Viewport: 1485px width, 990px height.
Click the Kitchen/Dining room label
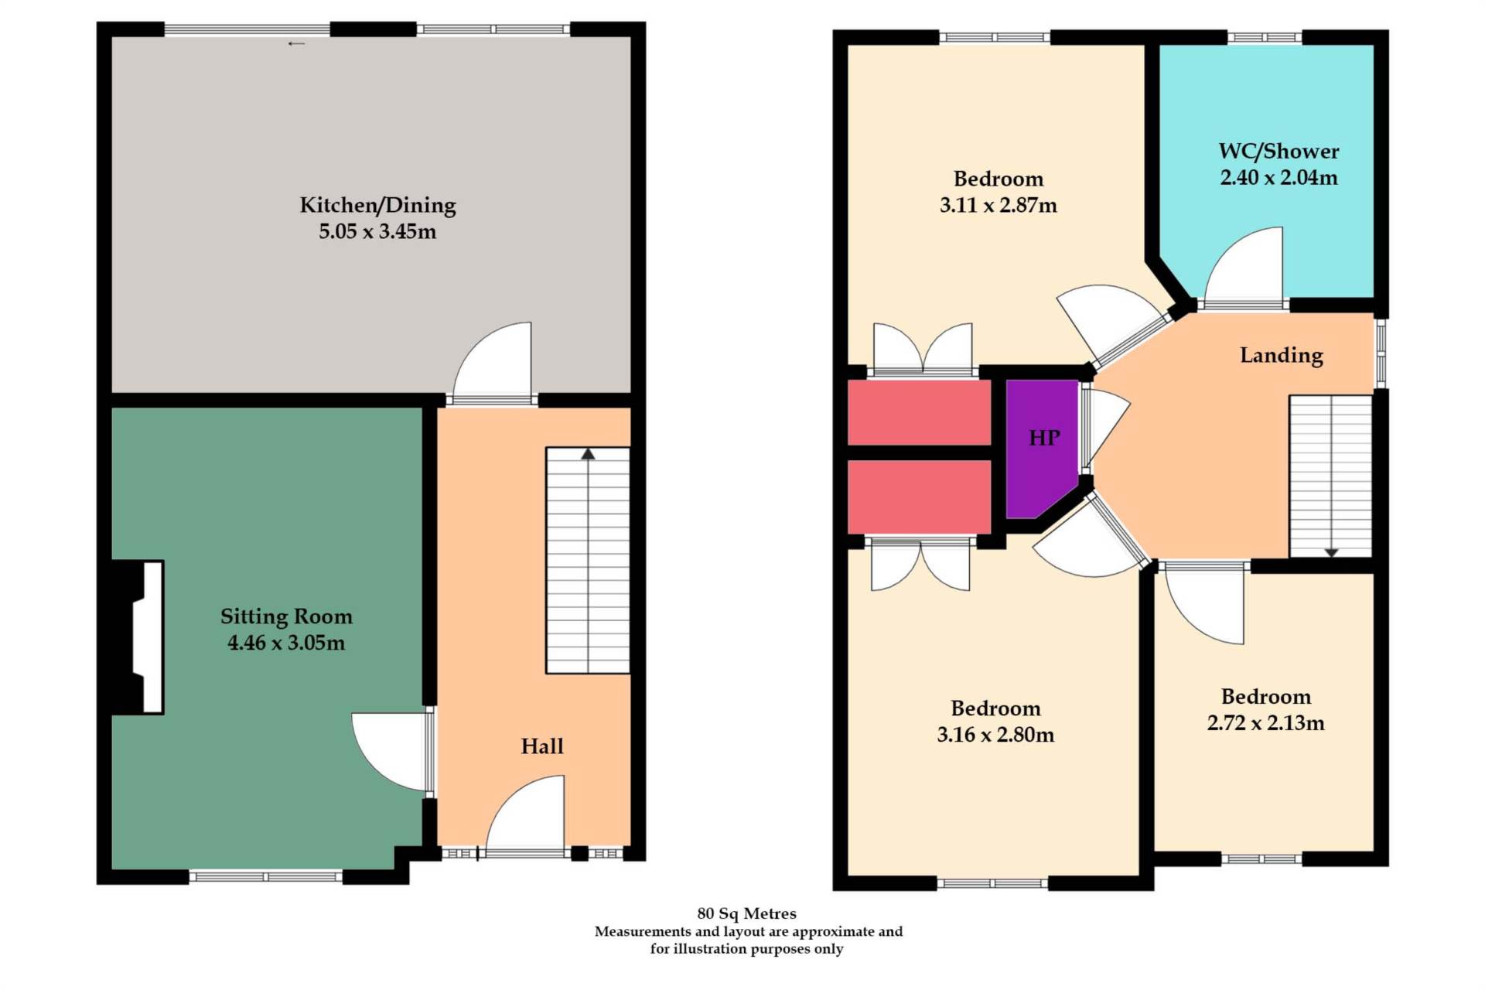pos(377,205)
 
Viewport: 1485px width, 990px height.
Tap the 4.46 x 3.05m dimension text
pos(286,643)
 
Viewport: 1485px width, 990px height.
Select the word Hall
pos(541,746)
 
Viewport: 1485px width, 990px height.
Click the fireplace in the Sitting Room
pos(143,637)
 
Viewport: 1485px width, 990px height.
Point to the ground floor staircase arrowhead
pos(588,454)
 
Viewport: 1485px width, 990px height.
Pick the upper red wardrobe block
pos(919,412)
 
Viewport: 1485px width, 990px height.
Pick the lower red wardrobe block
pos(919,496)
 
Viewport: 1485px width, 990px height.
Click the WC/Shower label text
pos(1278,152)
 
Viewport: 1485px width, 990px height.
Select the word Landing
pos(1281,356)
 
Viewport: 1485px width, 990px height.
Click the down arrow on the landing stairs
pos(1331,552)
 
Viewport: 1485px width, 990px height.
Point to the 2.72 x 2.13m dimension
pos(1265,723)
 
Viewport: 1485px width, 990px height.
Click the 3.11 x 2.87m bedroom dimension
pos(998,206)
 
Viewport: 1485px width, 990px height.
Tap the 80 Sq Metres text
pos(746,913)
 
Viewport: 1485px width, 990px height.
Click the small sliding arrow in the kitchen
pos(296,44)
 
